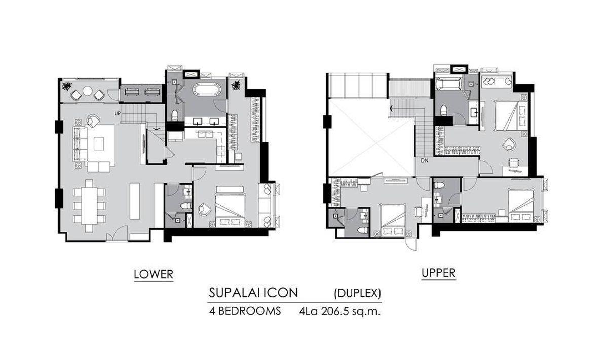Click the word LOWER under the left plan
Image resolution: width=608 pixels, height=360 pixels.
tap(154, 274)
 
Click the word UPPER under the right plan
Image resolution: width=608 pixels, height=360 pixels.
tap(438, 273)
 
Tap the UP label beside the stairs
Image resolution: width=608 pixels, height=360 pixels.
tap(117, 113)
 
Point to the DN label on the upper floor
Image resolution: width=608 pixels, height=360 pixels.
tap(425, 161)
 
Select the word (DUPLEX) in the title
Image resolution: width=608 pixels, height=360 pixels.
tap(358, 293)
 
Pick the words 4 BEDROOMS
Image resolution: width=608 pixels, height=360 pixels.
tap(245, 311)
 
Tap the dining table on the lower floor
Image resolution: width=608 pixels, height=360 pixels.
tap(89, 206)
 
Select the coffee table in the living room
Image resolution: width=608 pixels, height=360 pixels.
tap(99, 144)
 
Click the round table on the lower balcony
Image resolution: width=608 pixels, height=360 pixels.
tap(87, 91)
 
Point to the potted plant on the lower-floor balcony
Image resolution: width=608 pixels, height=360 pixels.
tap(66, 86)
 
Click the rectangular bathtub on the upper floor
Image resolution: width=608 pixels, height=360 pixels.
tap(448, 83)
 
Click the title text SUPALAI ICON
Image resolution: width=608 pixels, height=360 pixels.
tap(253, 293)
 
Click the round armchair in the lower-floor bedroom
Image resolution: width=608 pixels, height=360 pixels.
tap(204, 209)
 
